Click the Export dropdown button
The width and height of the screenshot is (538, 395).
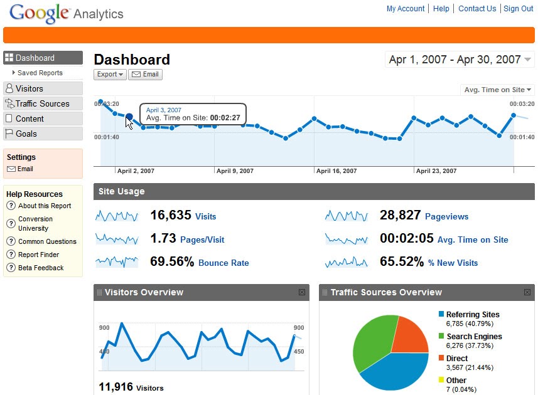[110, 75]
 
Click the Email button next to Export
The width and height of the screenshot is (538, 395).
[145, 75]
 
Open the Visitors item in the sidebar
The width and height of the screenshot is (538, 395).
[43, 88]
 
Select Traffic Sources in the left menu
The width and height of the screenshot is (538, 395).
[43, 103]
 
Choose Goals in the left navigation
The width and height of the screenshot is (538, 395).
[43, 134]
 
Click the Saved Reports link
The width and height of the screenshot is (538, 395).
[40, 73]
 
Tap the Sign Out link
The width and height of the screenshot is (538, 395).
[518, 9]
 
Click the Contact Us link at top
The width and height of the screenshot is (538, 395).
[477, 9]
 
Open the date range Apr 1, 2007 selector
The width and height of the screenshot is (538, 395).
[460, 60]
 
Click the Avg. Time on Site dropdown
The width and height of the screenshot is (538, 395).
[497, 90]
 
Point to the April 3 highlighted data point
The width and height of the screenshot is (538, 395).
[129, 117]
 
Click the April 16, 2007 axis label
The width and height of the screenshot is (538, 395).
[336, 171]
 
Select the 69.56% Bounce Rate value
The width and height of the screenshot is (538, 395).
[172, 261]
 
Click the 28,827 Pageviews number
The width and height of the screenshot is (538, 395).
[400, 215]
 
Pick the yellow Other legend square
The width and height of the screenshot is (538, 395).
[441, 379]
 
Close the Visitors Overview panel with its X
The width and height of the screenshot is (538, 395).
[302, 292]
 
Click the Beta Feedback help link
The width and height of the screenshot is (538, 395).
[41, 268]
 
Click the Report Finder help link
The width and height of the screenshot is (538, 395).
[38, 255]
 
